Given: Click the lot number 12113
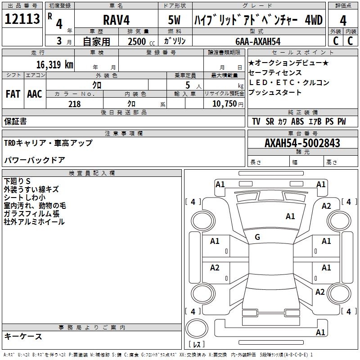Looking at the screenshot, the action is click(22, 19).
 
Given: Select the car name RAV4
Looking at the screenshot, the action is click(116, 20).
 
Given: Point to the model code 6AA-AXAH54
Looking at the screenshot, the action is click(258, 41).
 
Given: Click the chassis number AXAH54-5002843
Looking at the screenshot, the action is click(302, 143).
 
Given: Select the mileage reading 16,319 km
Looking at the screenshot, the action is click(55, 64).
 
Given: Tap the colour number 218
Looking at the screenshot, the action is click(75, 103).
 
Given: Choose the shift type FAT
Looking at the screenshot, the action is click(13, 94).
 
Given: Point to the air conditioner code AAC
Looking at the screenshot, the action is click(35, 94).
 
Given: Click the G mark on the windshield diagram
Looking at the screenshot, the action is click(257, 237).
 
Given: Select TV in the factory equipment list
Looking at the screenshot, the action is click(256, 121).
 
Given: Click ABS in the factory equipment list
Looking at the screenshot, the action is click(297, 121).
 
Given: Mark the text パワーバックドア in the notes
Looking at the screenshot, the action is click(35, 160).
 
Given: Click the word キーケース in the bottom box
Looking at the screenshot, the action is click(23, 337).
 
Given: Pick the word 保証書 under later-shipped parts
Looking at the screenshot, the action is click(15, 121).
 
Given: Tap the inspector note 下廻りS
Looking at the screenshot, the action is click(18, 181).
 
